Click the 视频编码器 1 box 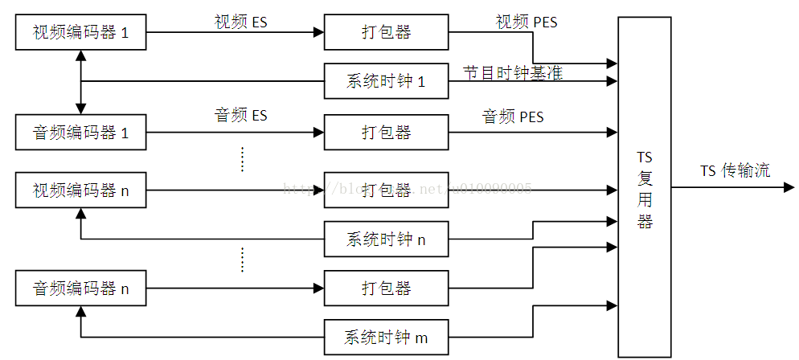click(81, 32)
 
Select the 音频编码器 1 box click(81, 133)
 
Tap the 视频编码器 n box click(81, 190)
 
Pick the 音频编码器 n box click(81, 288)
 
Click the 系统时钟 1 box click(386, 81)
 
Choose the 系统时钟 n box click(386, 239)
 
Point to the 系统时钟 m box click(386, 337)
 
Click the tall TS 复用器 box click(644, 186)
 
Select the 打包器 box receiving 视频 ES click(386, 32)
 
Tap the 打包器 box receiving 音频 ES click(386, 133)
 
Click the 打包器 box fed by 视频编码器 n click(386, 190)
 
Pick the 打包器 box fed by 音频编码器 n click(386, 288)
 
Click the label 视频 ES click(240, 22)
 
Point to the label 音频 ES click(240, 116)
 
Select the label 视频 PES click(526, 22)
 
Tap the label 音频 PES click(513, 117)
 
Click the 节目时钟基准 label click(512, 73)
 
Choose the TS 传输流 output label click(734, 170)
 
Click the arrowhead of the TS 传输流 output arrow click(789, 187)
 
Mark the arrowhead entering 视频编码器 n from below click(81, 213)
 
